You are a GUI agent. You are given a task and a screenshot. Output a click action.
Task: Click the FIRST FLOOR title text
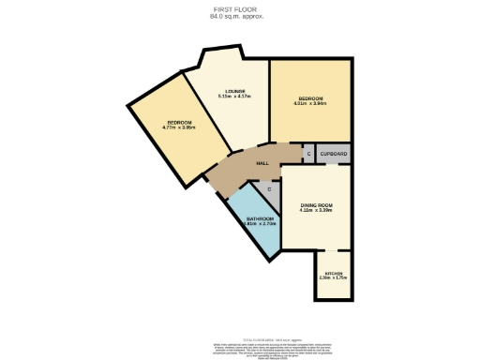tap(240, 9)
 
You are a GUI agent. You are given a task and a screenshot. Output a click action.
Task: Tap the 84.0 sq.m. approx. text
tap(240, 16)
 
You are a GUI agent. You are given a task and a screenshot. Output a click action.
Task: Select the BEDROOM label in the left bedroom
tap(179, 123)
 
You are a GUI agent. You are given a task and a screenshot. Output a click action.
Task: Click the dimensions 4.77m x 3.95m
tap(179, 128)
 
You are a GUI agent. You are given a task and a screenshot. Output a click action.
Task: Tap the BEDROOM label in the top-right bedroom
tap(310, 98)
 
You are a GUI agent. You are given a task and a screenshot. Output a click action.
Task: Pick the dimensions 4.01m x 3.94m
tap(310, 104)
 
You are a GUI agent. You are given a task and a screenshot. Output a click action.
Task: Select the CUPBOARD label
tap(334, 153)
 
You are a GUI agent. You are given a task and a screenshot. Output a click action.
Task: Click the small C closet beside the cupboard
tap(307, 153)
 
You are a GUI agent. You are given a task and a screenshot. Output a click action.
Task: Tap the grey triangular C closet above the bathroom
tap(269, 190)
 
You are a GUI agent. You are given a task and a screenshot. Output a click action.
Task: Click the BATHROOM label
tap(260, 218)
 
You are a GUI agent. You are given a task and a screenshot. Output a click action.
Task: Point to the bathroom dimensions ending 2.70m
tap(260, 224)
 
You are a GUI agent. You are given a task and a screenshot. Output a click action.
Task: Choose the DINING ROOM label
tap(317, 204)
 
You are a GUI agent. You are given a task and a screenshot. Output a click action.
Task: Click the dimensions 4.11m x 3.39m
tap(317, 210)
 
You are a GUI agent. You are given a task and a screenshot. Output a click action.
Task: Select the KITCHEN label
tap(334, 274)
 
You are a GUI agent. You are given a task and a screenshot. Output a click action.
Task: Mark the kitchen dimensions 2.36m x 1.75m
tap(334, 279)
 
